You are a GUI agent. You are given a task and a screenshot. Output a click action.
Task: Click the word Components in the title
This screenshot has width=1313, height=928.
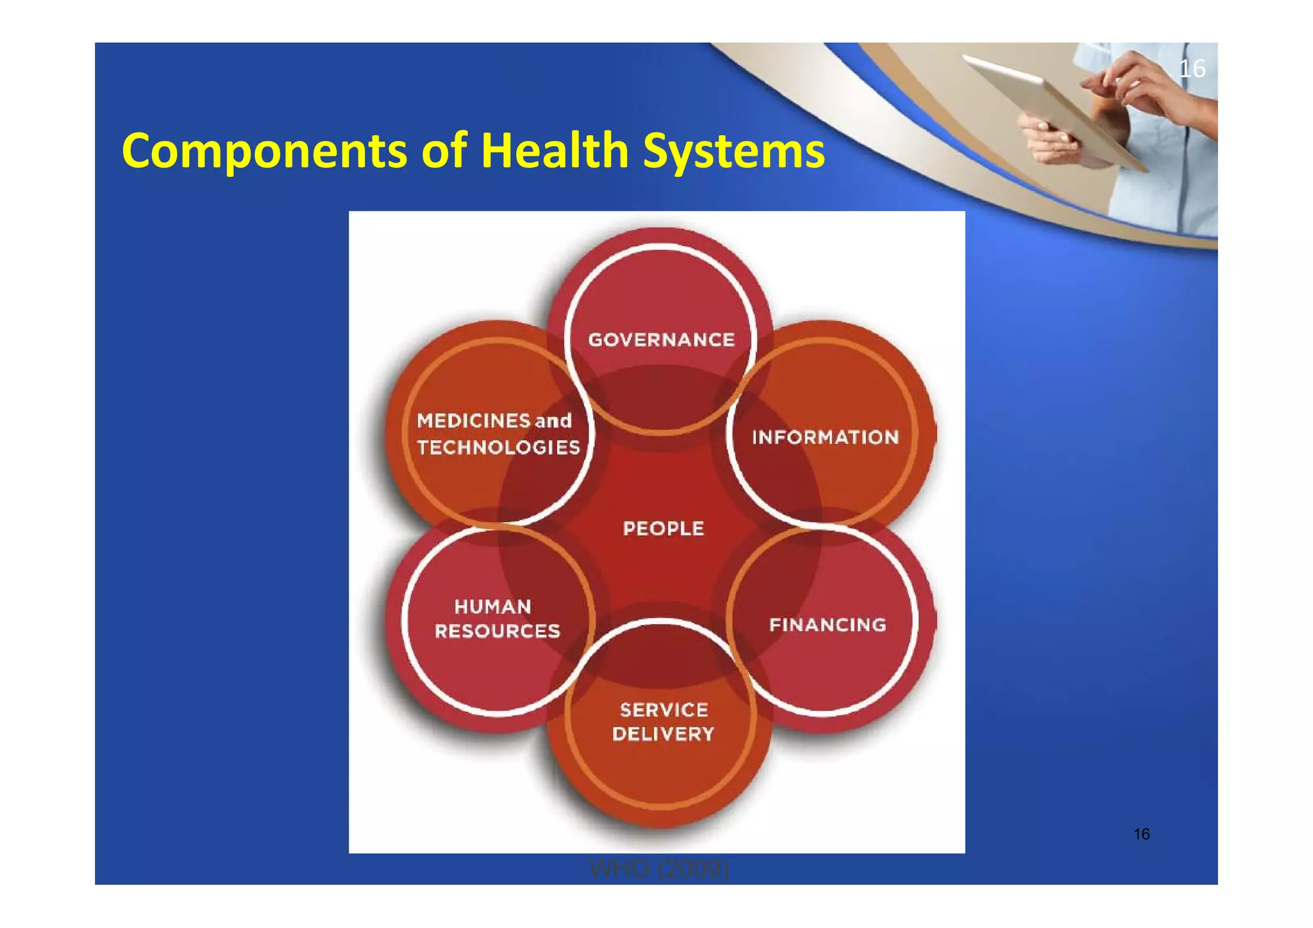pyautogui.click(x=263, y=151)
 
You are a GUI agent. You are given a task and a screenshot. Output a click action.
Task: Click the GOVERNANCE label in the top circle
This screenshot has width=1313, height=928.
pyautogui.click(x=661, y=340)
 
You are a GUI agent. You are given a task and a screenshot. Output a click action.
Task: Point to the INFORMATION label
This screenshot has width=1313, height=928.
pyautogui.click(x=825, y=438)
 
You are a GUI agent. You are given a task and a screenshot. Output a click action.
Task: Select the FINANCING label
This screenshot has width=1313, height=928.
pyautogui.click(x=828, y=625)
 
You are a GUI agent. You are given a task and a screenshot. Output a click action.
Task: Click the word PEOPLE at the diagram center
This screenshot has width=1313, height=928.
pyautogui.click(x=664, y=529)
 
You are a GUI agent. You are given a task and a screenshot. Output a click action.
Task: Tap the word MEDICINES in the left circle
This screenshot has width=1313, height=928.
pyautogui.click(x=473, y=421)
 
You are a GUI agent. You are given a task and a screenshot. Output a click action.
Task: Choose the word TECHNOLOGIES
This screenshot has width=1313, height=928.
pyautogui.click(x=498, y=447)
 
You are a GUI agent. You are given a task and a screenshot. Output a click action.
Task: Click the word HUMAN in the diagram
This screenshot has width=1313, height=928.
pyautogui.click(x=492, y=606)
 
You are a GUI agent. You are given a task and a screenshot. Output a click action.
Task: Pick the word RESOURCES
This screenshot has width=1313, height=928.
pyautogui.click(x=498, y=631)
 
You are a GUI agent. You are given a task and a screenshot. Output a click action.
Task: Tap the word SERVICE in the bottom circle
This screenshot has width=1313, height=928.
pyautogui.click(x=664, y=710)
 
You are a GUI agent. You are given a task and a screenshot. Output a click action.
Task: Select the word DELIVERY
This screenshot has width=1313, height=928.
pyautogui.click(x=663, y=734)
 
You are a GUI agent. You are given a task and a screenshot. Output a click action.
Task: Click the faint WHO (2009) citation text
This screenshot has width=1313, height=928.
pyautogui.click(x=659, y=870)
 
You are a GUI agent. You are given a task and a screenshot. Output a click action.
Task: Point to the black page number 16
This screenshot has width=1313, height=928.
pyautogui.click(x=1141, y=834)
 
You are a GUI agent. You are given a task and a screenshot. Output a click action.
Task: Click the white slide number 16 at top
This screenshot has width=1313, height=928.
pyautogui.click(x=1192, y=69)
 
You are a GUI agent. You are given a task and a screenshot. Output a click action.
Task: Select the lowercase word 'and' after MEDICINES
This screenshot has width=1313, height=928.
pyautogui.click(x=553, y=421)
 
